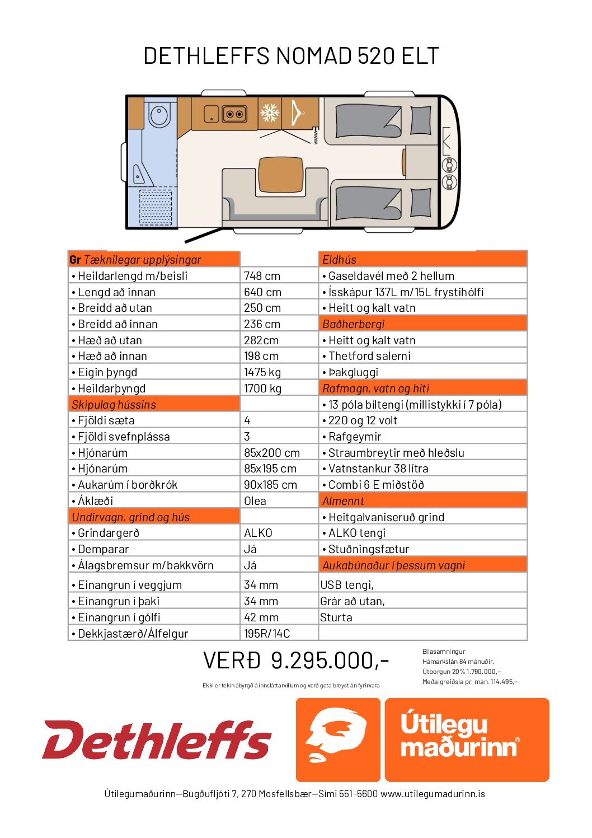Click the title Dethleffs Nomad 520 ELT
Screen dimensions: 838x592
[291, 56]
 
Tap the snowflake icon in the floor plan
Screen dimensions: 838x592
[270, 113]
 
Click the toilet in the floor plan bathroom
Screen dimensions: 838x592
[159, 116]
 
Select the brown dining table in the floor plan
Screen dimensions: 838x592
[281, 175]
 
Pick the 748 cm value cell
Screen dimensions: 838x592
[262, 276]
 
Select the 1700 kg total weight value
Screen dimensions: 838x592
[262, 388]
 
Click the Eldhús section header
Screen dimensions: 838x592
[340, 260]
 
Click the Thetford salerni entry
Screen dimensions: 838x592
[369, 356]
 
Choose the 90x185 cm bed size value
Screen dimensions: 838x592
[270, 485]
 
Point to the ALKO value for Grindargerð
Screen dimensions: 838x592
[258, 533]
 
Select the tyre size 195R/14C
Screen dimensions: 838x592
[267, 634]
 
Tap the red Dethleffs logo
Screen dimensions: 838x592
[157, 740]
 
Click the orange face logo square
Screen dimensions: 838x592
[338, 739]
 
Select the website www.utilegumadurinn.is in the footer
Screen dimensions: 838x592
[433, 794]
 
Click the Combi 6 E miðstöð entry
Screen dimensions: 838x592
[376, 485]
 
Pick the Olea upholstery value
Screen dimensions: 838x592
[255, 501]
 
